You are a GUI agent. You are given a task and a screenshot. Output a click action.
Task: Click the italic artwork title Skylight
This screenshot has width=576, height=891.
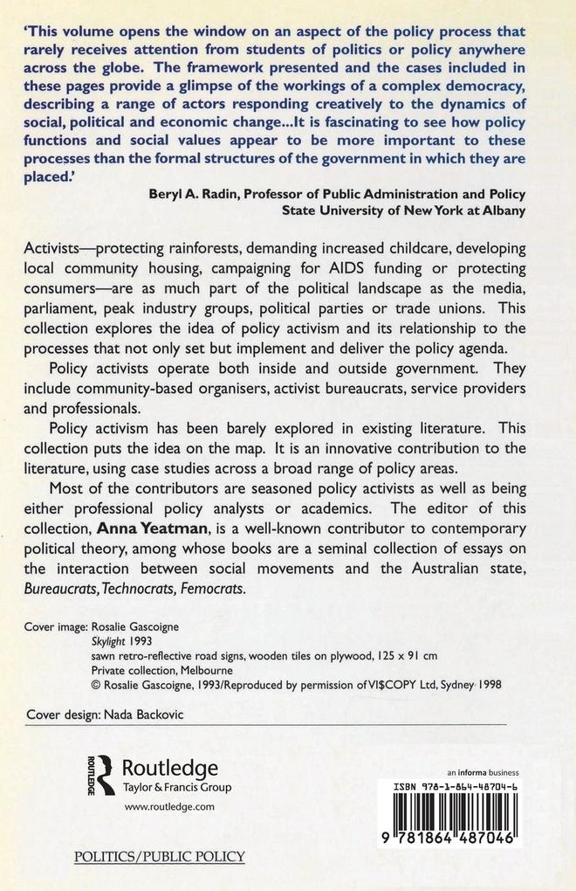[111, 640]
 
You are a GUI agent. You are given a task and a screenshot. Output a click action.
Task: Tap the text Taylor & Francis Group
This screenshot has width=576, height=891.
[176, 787]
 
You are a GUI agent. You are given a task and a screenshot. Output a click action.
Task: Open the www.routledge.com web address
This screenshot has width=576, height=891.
[169, 808]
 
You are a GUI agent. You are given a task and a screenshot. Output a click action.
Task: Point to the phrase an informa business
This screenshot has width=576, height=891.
[482, 772]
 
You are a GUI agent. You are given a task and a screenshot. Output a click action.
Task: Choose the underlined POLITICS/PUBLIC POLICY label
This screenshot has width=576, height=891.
[160, 857]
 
